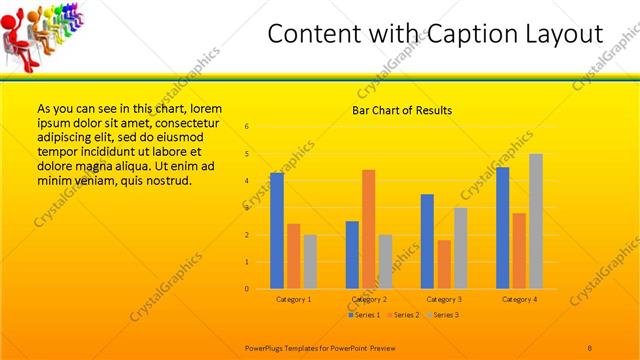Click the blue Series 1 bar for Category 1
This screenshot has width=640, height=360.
pyautogui.click(x=277, y=230)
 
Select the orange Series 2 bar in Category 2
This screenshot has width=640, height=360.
pyautogui.click(x=369, y=228)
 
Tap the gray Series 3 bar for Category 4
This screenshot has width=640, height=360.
pyautogui.click(x=536, y=221)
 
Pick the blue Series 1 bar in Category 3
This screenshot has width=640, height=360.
pyautogui.click(x=427, y=241)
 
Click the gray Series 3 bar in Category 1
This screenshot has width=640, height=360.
pyautogui.click(x=310, y=261)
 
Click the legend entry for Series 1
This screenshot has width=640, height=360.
pyautogui.click(x=364, y=315)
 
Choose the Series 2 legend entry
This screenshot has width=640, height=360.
pyautogui.click(x=402, y=315)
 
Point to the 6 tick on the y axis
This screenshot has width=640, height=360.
pyautogui.click(x=247, y=127)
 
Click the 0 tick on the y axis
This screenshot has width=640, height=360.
pyautogui.click(x=247, y=289)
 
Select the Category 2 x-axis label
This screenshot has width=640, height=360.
pyautogui.click(x=369, y=299)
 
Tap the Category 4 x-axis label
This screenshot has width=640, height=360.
pyautogui.click(x=519, y=299)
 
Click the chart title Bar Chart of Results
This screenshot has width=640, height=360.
pyautogui.click(x=402, y=110)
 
